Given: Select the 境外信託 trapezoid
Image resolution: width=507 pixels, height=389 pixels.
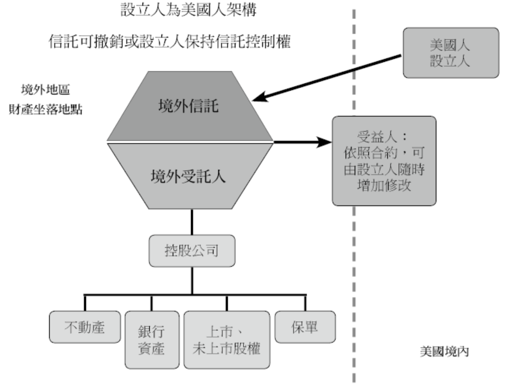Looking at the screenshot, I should pyautogui.click(x=191, y=107).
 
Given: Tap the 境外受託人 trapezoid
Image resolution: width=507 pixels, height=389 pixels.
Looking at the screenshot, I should pyautogui.click(x=191, y=176).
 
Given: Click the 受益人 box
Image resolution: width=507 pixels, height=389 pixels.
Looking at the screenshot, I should pyautogui.click(x=384, y=160).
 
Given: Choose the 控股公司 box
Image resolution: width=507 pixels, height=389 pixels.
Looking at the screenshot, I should pyautogui.click(x=192, y=251).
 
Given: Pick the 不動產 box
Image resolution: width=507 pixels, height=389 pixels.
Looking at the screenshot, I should pyautogui.click(x=84, y=327).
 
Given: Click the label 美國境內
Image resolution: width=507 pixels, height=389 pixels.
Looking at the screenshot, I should pyautogui.click(x=445, y=351).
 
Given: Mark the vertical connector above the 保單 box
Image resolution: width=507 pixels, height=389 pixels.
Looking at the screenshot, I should pyautogui.click(x=305, y=302).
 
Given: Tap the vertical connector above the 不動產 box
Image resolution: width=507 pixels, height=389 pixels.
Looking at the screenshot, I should pyautogui.click(x=84, y=302).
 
